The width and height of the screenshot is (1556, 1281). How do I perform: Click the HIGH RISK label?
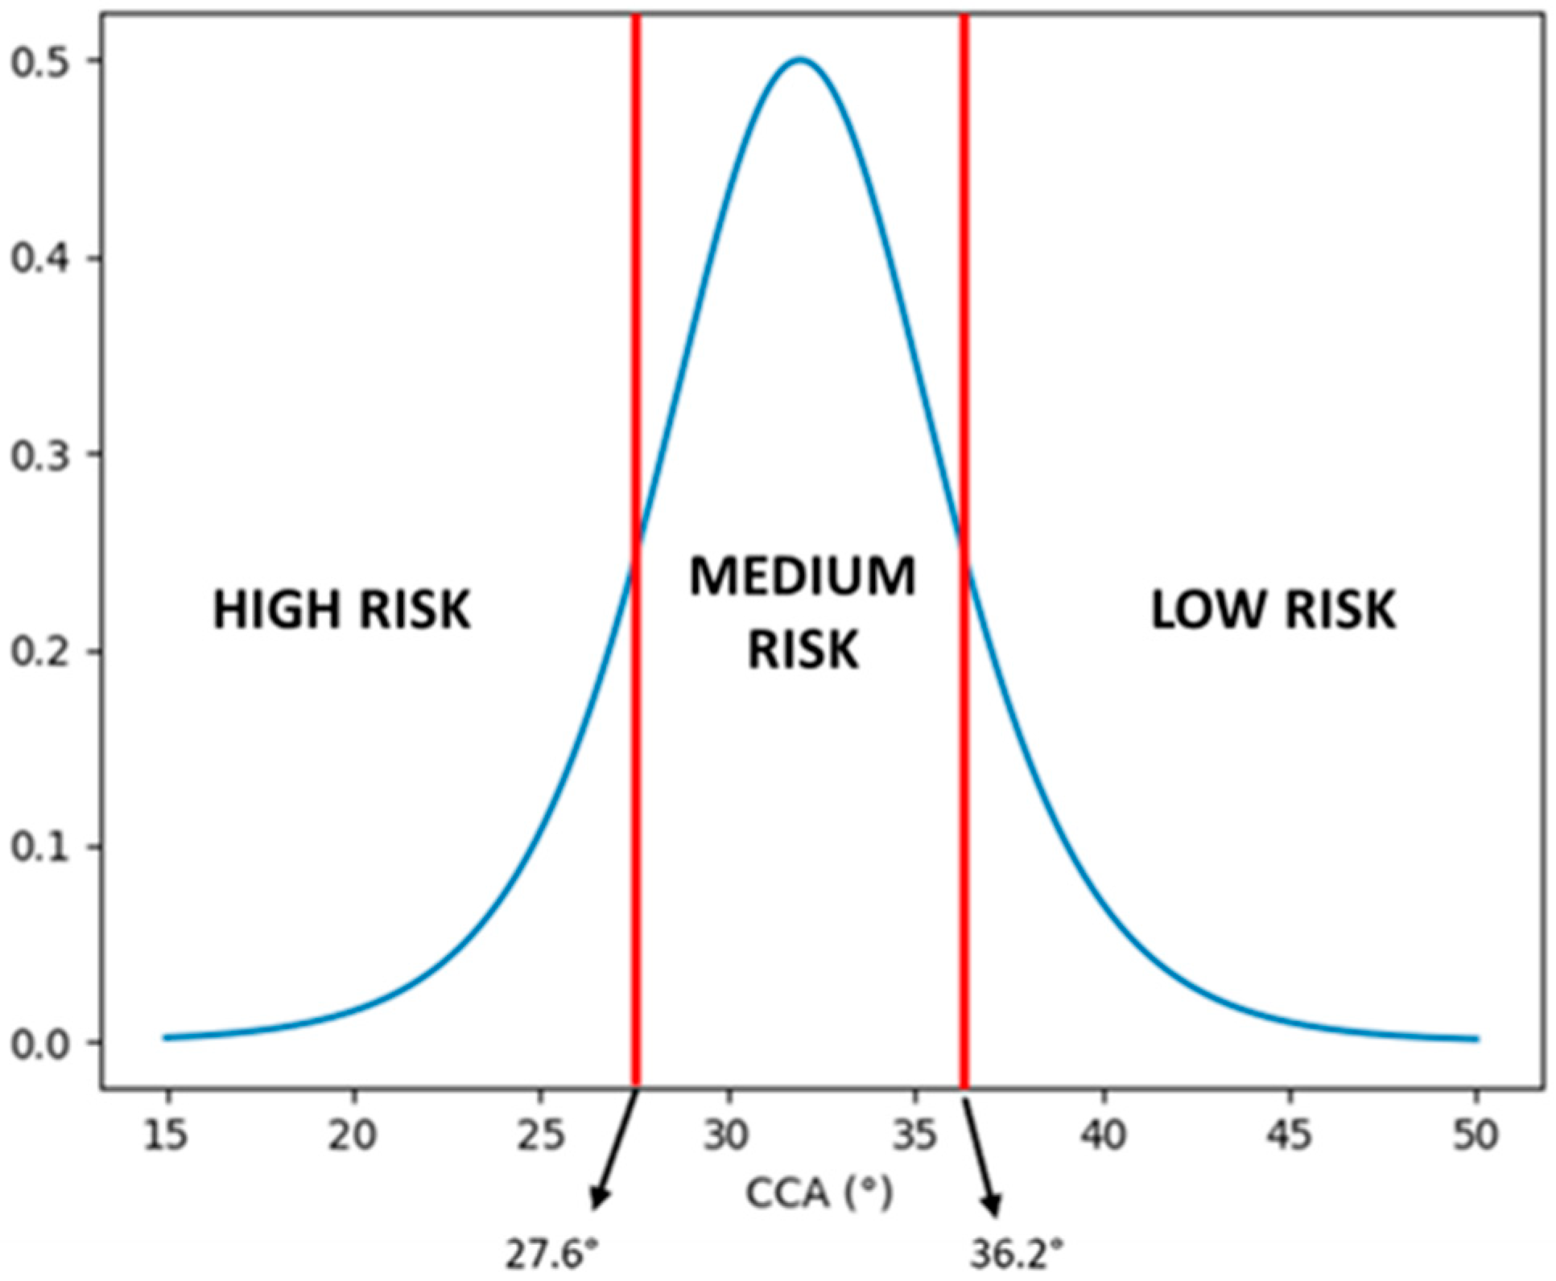[x=341, y=609]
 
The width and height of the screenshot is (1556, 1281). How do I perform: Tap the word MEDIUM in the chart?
[x=803, y=577]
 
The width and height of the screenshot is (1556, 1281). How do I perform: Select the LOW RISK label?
[x=1273, y=609]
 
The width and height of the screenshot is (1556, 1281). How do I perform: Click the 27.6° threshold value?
[x=552, y=1254]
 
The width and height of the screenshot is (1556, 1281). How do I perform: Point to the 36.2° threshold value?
[x=1016, y=1254]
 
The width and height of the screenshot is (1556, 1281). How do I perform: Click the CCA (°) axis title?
[x=819, y=1193]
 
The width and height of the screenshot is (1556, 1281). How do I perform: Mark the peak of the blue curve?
[x=799, y=59]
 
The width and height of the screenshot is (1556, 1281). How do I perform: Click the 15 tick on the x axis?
[x=167, y=1135]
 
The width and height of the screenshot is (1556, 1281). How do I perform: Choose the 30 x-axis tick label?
[x=727, y=1135]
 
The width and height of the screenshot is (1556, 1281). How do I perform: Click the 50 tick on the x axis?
[x=1476, y=1135]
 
